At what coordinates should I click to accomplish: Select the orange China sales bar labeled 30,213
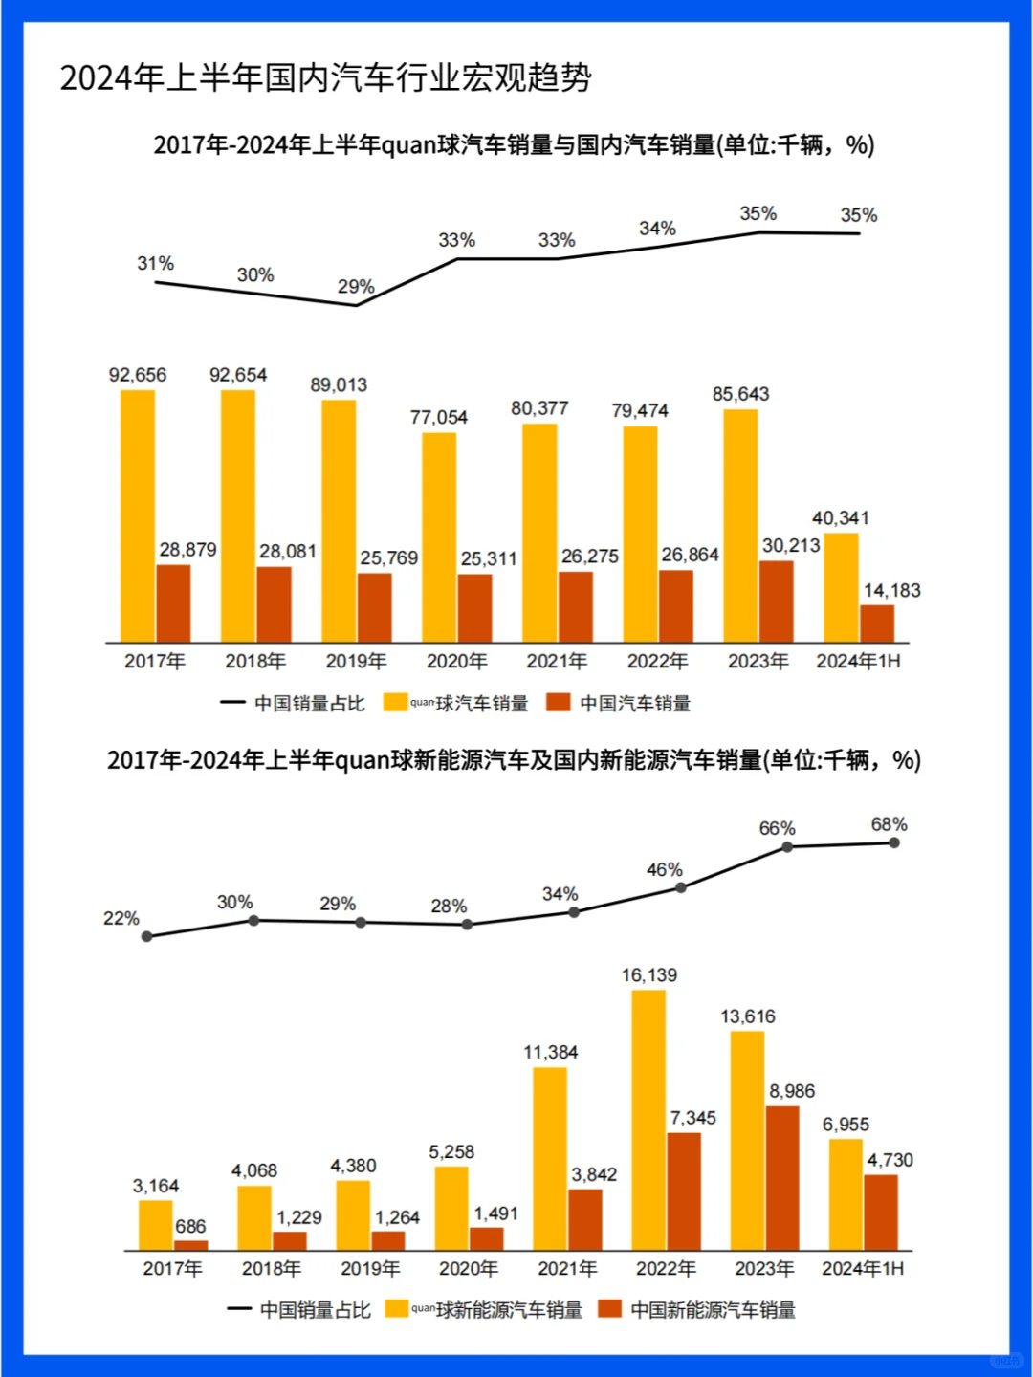coord(776,601)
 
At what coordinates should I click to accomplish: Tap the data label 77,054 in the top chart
coord(439,417)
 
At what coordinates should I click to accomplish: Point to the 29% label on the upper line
coord(356,287)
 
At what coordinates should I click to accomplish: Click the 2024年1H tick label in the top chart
coord(858,661)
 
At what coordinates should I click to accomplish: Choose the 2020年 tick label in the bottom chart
coord(469,1269)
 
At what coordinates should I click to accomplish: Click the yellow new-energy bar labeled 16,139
coord(648,1120)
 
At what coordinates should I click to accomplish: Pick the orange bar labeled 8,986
coord(781,1178)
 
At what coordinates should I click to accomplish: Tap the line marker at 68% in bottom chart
coord(893,842)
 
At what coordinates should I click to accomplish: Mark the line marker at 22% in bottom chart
coord(146,937)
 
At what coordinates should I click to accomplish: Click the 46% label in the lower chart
coord(664,870)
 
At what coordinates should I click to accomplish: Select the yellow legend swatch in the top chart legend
coord(395,703)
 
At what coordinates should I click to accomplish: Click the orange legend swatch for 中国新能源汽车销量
coord(609,1309)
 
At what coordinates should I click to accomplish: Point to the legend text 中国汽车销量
coord(635,704)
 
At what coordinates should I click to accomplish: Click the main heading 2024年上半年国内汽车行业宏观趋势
coord(325,77)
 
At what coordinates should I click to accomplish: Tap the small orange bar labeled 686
coord(190,1245)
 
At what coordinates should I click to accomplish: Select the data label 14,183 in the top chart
coord(891,591)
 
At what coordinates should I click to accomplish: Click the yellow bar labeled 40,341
coord(841,587)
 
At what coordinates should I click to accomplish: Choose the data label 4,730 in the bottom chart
coord(890,1160)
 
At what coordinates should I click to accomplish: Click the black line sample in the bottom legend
coord(239,1309)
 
